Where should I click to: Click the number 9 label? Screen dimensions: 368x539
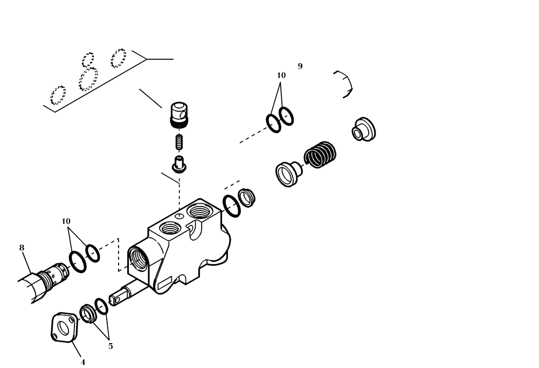coord(300,66)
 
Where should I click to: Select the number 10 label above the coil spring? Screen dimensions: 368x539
coord(281,75)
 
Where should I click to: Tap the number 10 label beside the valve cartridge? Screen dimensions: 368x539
coord(66,221)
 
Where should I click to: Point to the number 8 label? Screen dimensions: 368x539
coord(22,247)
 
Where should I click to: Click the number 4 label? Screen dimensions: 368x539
coord(82,362)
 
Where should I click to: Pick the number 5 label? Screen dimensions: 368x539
coord(110,346)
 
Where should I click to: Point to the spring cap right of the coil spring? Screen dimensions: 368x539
coord(363,129)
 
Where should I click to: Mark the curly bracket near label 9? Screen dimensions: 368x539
coord(344,84)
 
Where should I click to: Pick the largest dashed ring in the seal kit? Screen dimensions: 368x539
coord(87,80)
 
